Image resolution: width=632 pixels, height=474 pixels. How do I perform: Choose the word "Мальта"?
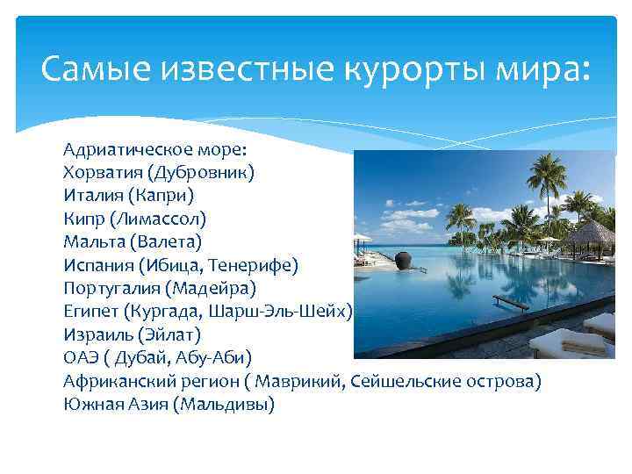point(94,241)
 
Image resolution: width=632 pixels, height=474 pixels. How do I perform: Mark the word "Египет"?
point(90,311)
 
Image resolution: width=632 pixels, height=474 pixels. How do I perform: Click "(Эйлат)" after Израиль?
point(169,334)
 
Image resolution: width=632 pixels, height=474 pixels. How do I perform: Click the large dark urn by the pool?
point(405,261)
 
